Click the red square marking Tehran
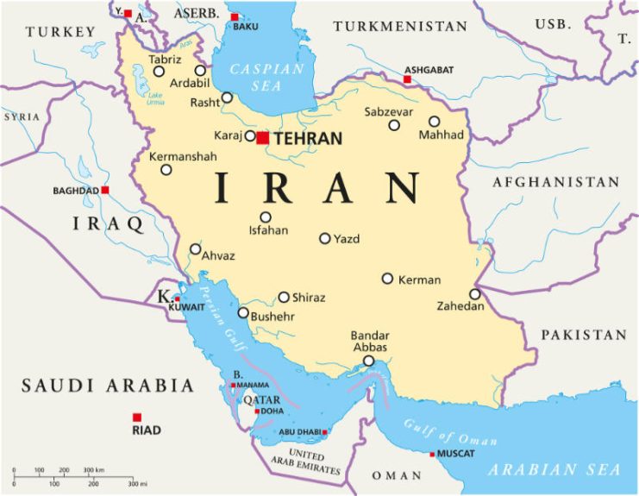263,137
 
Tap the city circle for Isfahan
266,217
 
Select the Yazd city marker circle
325,238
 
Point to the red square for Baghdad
105,190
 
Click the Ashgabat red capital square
408,79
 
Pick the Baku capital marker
235,16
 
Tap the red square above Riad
137,418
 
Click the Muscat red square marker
433,455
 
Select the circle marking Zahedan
475,294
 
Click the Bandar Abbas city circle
369,361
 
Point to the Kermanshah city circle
166,170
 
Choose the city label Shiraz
309,298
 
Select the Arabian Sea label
554,470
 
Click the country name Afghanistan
556,182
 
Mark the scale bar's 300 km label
93,470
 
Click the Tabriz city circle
159,72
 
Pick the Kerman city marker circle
388,279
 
